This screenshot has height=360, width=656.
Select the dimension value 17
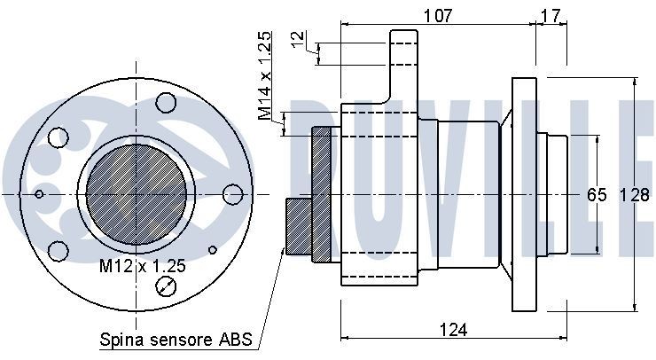(x=550, y=14)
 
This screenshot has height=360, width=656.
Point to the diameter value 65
(x=596, y=194)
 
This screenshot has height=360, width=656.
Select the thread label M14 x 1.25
(x=265, y=75)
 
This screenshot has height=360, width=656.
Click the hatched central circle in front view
(x=136, y=192)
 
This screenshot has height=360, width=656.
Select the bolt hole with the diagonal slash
(x=165, y=285)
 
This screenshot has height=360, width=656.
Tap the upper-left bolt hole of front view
(x=59, y=137)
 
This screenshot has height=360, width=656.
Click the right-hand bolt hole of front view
(x=233, y=194)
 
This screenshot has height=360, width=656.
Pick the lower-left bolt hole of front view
(x=59, y=249)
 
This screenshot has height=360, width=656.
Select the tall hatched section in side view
(x=319, y=194)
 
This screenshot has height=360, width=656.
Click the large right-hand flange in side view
(x=524, y=194)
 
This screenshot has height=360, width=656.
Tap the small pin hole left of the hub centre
(x=38, y=192)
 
